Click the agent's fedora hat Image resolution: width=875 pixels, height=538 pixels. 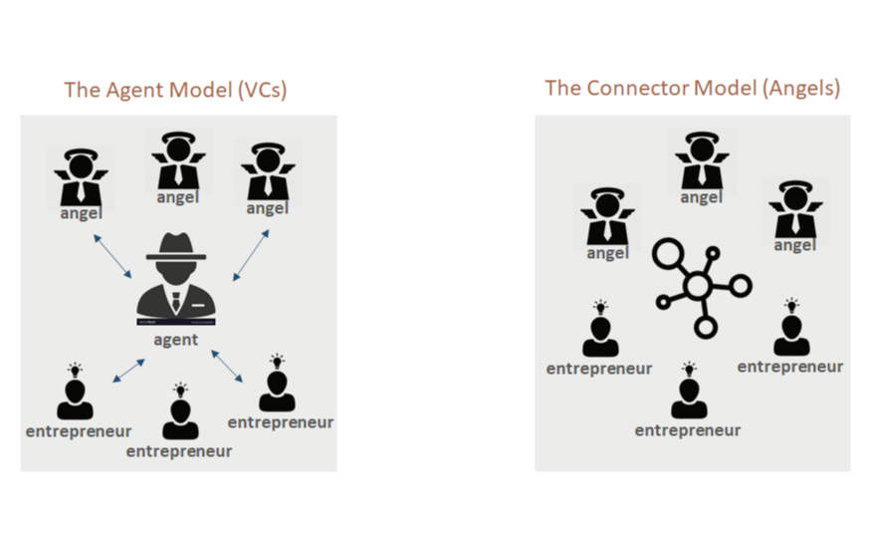point(177,247)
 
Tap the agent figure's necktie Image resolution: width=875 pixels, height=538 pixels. point(176,300)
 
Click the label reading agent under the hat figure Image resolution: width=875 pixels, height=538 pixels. point(176,341)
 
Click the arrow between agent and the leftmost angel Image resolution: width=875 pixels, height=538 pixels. point(111,256)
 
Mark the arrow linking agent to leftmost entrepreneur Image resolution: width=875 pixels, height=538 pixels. point(128,370)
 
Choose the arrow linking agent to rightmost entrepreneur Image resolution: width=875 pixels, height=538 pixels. point(227,365)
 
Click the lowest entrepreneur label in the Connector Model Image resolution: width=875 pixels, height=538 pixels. point(688,431)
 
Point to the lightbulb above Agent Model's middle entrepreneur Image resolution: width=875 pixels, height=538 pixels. point(180,387)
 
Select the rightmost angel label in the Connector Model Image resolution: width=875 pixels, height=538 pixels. point(794,246)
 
